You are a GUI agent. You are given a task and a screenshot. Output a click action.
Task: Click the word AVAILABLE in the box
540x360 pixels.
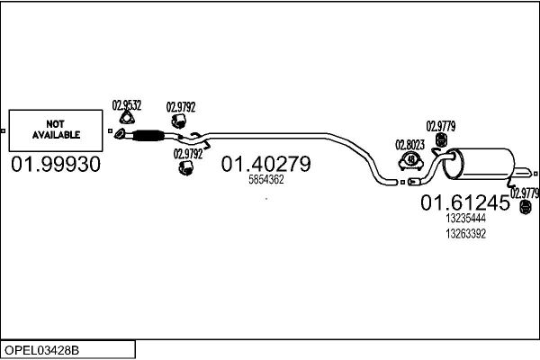point(56,135)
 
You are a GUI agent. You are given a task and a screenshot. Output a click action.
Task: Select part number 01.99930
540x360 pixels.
point(56,164)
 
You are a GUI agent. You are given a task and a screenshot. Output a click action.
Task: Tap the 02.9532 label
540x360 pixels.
point(127,105)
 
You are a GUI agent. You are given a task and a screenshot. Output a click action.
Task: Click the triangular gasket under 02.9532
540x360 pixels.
point(127,118)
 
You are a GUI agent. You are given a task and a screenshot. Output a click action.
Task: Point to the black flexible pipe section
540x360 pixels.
point(148,135)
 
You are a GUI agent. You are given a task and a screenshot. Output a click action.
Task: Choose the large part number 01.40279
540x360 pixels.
point(265,164)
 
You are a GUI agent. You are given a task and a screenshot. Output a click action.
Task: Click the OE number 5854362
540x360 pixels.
point(266,179)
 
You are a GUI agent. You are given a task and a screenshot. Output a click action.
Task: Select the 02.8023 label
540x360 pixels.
point(409,145)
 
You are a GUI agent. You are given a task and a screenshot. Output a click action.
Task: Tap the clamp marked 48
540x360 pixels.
point(411,160)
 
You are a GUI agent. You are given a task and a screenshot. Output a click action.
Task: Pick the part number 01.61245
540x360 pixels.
point(465,202)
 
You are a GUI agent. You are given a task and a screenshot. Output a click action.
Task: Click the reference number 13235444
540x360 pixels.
point(465,219)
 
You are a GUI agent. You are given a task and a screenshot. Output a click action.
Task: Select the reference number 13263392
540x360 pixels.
point(465,234)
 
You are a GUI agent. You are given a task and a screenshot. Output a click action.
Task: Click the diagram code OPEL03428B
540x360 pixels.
point(41,350)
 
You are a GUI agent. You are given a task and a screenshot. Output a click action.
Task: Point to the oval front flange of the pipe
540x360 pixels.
point(120,134)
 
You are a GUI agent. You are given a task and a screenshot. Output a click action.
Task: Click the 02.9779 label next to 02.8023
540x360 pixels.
point(441,126)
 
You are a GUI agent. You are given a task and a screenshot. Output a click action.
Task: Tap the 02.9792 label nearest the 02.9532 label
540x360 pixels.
point(181,107)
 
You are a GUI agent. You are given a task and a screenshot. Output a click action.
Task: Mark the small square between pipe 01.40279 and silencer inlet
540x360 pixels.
point(402,182)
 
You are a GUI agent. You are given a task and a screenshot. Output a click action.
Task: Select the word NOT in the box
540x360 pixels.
point(56,124)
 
